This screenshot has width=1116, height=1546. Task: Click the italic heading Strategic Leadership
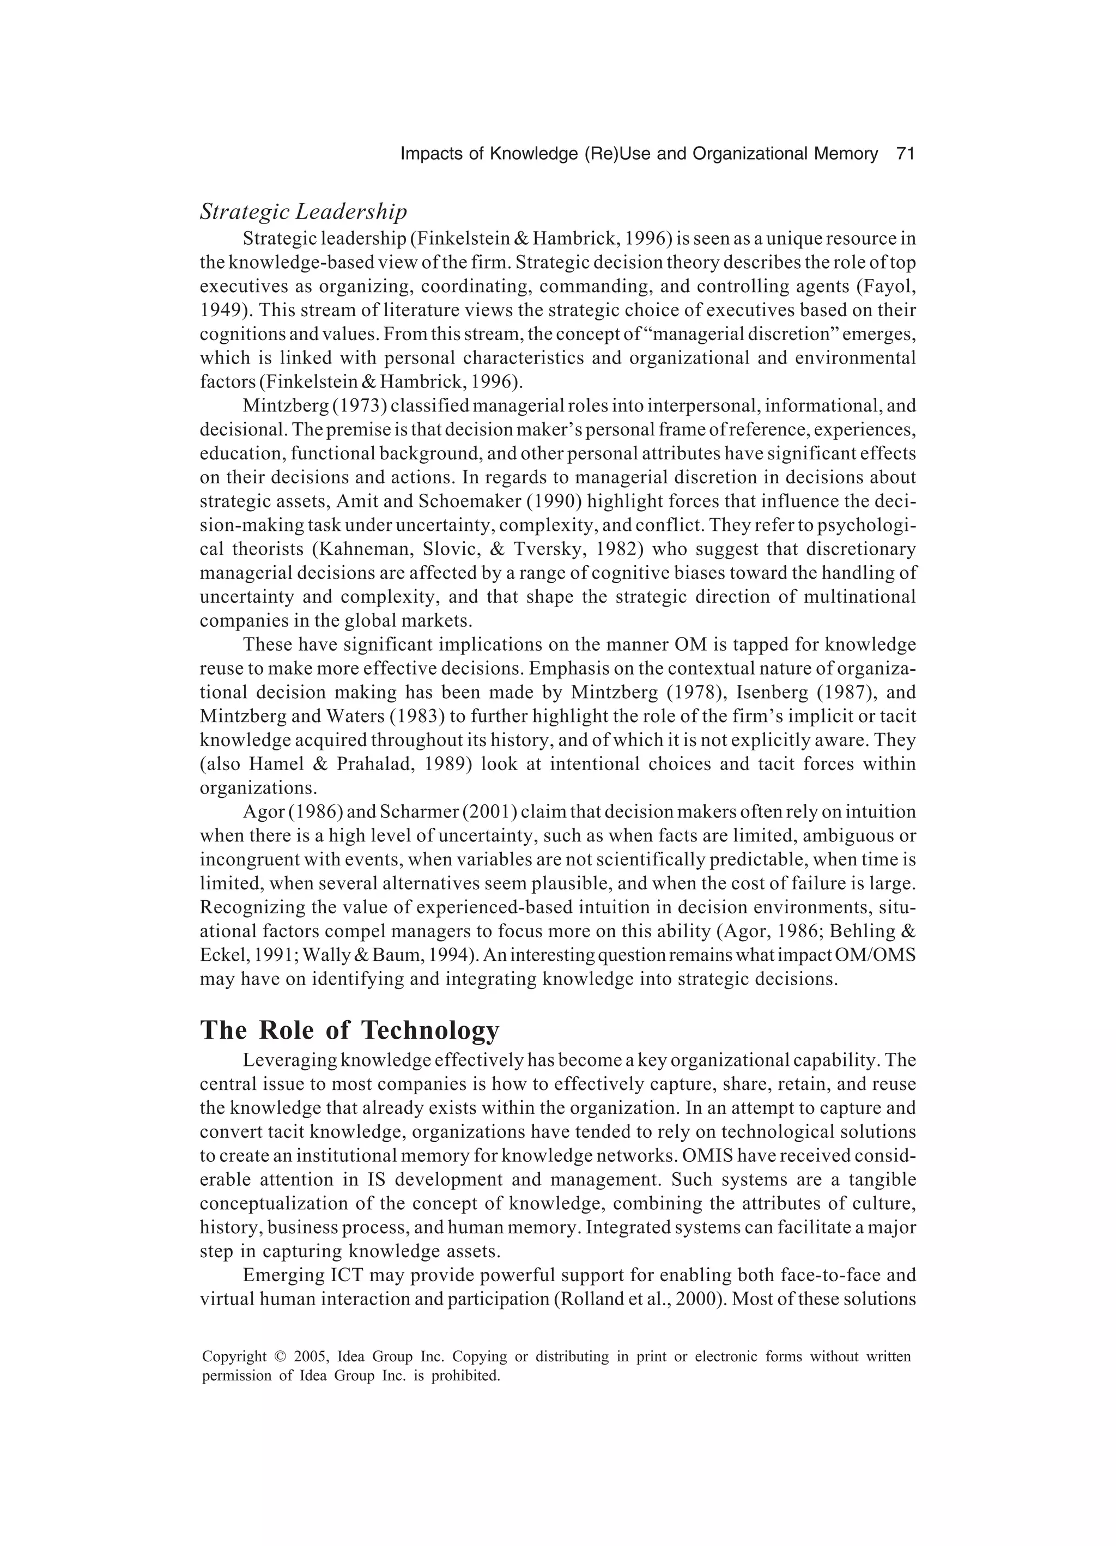[x=304, y=212]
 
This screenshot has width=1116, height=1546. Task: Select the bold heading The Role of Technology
[x=349, y=1030]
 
